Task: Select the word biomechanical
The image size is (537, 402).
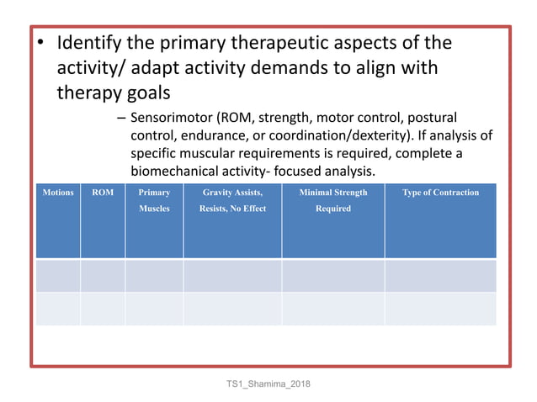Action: click(x=177, y=171)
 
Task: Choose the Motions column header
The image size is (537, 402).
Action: click(x=58, y=193)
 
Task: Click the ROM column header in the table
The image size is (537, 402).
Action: click(x=103, y=193)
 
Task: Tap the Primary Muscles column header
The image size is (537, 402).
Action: click(x=154, y=200)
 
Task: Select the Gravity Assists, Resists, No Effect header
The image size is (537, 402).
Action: click(x=232, y=200)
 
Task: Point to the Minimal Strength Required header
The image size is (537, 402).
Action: click(x=333, y=200)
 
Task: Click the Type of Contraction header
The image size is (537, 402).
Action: click(x=440, y=193)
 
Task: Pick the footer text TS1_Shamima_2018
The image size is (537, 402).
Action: click(x=268, y=383)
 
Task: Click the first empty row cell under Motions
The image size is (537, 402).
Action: click(x=58, y=276)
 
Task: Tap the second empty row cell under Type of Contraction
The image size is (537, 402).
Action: click(x=440, y=309)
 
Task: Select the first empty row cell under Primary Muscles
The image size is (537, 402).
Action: click(x=154, y=276)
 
